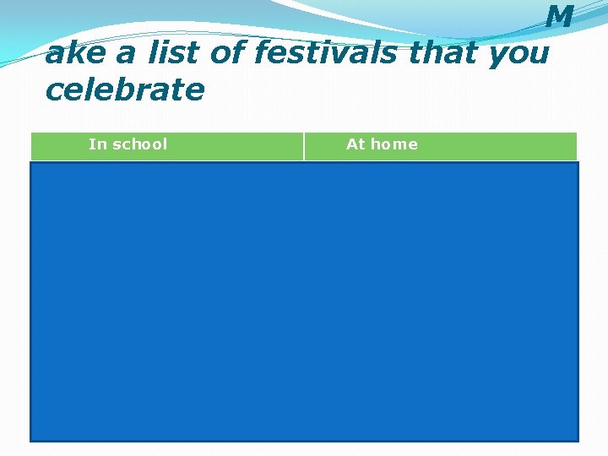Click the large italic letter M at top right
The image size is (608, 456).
click(x=559, y=17)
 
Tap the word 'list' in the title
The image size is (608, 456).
click(x=175, y=53)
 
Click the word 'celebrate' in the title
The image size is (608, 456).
click(x=125, y=89)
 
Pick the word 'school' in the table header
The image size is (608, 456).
click(x=140, y=144)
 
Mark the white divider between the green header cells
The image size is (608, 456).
click(x=304, y=146)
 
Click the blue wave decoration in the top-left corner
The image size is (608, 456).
click(x=34, y=25)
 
